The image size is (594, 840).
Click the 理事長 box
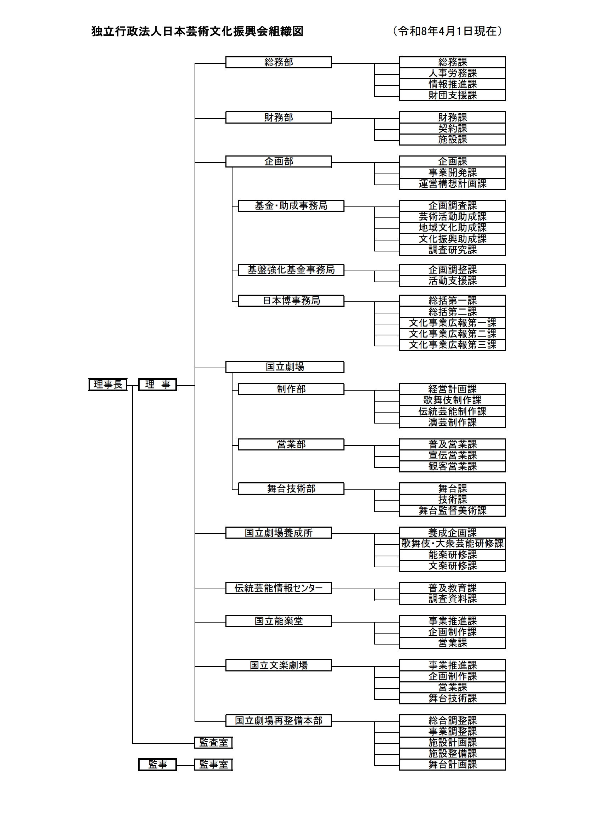(108, 385)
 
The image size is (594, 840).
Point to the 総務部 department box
(278, 62)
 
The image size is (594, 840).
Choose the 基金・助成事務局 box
(291, 206)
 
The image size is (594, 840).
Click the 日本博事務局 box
(291, 301)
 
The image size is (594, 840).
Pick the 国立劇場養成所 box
(278, 533)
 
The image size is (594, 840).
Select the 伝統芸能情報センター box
(278, 588)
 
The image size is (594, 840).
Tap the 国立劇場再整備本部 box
(278, 720)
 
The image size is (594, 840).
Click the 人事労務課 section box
(452, 73)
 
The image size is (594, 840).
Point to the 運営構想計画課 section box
(452, 184)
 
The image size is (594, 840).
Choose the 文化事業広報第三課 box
(452, 345)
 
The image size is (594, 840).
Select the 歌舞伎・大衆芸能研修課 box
(452, 544)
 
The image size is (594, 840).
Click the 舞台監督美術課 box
(452, 510)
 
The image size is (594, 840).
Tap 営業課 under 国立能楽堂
(452, 643)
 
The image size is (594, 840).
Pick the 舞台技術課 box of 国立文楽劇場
(452, 698)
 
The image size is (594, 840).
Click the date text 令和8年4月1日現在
(447, 32)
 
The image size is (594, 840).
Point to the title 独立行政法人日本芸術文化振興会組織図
(197, 32)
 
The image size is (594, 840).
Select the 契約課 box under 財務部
(452, 129)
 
